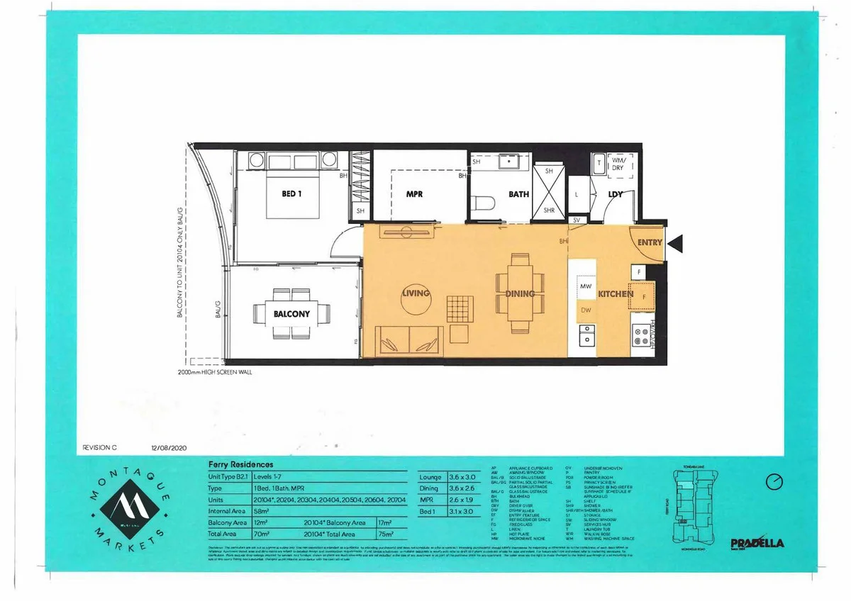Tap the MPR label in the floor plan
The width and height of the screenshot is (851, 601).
click(x=415, y=193)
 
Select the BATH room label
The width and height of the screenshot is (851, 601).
click(x=518, y=193)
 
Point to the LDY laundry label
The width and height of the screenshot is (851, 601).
click(x=615, y=193)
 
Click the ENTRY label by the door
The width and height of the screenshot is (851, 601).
click(x=650, y=242)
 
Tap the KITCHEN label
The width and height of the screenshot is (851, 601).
click(x=615, y=293)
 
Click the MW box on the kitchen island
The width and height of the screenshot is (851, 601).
click(x=586, y=286)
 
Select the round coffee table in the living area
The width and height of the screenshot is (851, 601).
click(x=416, y=300)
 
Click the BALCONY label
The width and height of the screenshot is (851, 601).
click(x=291, y=314)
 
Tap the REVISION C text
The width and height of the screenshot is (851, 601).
click(x=100, y=448)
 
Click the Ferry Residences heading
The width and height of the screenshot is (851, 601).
click(x=240, y=465)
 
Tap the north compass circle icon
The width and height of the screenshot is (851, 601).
click(x=774, y=481)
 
